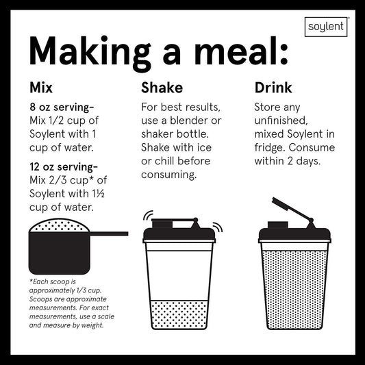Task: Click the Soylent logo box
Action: click(x=326, y=27)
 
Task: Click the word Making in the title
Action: click(x=90, y=52)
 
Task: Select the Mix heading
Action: click(x=41, y=88)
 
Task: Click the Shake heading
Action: click(x=162, y=88)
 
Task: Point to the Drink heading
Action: click(x=273, y=88)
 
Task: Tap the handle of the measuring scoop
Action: click(x=109, y=234)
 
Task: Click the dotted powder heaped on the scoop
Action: click(x=59, y=225)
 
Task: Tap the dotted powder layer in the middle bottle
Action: click(x=179, y=315)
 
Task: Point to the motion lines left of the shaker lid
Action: click(x=148, y=215)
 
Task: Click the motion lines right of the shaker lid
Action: click(x=218, y=227)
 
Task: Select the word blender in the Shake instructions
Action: click(x=189, y=121)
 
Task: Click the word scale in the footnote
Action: click(x=106, y=316)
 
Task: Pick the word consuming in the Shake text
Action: click(x=168, y=175)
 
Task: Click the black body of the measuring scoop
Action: click(x=60, y=253)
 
